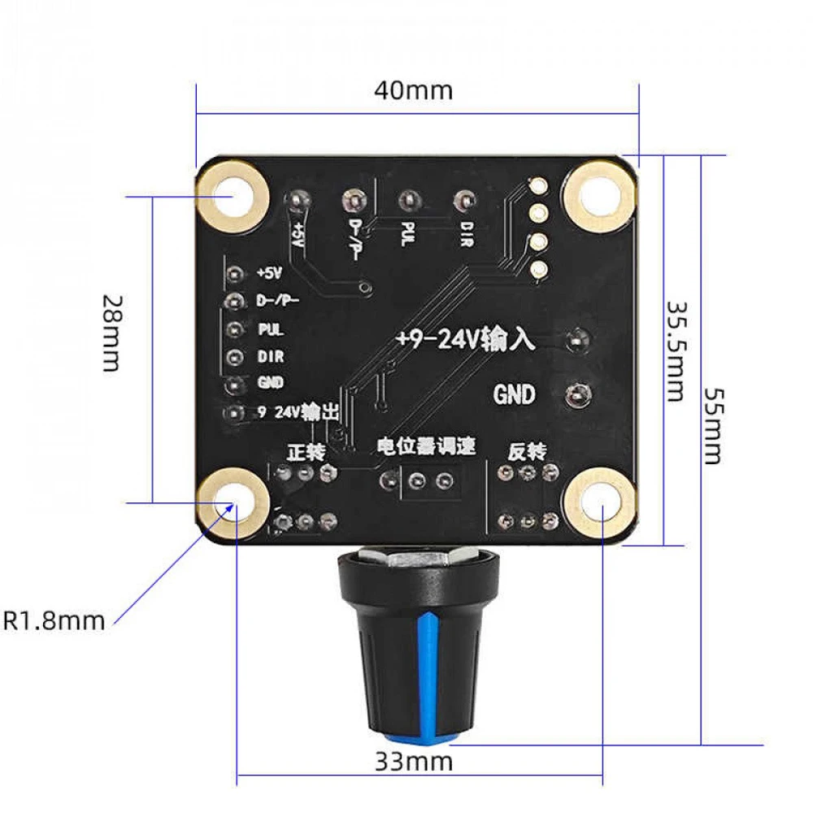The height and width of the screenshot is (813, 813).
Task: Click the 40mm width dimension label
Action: coord(413,89)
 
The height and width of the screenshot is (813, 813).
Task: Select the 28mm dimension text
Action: coord(112,332)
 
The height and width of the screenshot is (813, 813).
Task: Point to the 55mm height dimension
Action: coord(712,426)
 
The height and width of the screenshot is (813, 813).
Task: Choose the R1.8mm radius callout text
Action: coord(54,621)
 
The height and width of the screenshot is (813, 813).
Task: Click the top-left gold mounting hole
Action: coord(233,195)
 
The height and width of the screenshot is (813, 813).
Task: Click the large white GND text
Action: coord(515,395)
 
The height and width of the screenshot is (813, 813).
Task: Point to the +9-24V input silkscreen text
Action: coord(465,338)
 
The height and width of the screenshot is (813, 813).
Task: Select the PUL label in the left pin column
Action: coord(270,329)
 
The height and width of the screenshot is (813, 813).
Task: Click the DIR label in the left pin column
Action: coord(270,357)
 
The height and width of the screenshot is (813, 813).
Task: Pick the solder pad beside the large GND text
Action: coord(579,395)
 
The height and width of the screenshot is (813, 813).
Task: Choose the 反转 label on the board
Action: coord(527,449)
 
